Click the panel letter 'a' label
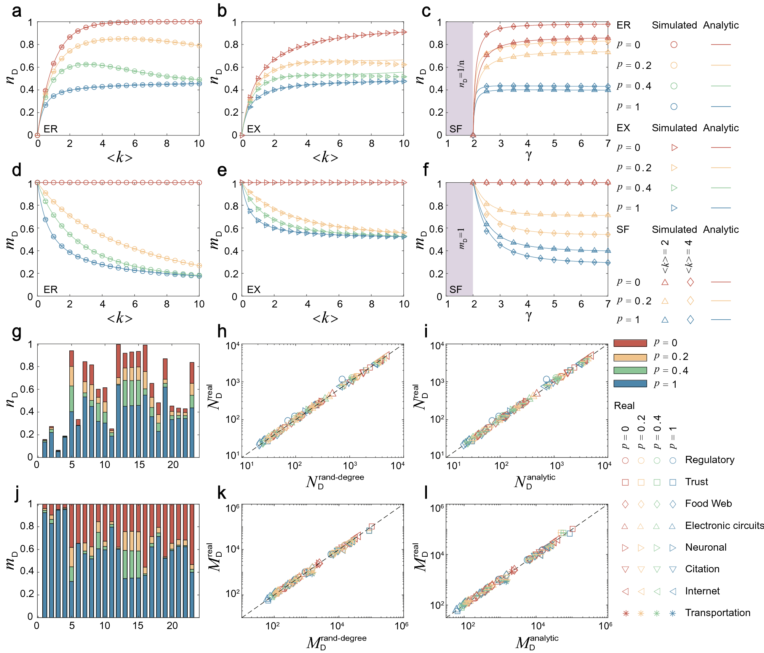pos(16,11)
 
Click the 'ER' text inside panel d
pos(51,290)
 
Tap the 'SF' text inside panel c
pos(456,129)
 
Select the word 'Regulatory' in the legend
pos(710,460)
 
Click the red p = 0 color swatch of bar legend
pos(630,343)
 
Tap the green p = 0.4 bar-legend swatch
pos(630,371)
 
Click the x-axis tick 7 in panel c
pos(607,144)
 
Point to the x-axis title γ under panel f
pos(528,315)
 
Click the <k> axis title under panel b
pos(325,157)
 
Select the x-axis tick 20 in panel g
pos(173,465)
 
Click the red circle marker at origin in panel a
pos(37,135)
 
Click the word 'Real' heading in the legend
pos(624,406)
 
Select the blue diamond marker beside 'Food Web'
pos(673,504)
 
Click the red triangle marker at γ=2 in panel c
pos(473,135)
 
